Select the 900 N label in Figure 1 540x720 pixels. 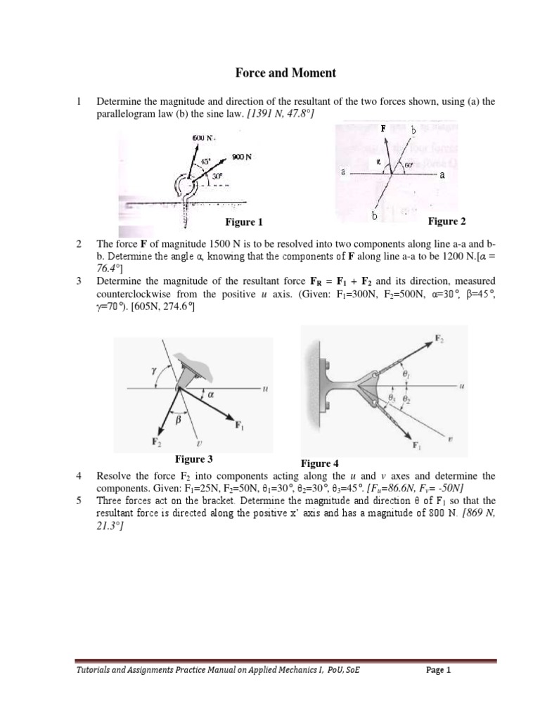pyautogui.click(x=241, y=156)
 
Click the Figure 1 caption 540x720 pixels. pyautogui.click(x=243, y=223)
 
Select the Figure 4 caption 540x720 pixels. pyautogui.click(x=319, y=463)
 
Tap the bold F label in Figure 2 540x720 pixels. pyautogui.click(x=382, y=129)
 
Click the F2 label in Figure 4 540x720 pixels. pyautogui.click(x=439, y=339)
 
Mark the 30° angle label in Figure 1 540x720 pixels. pyautogui.click(x=208, y=176)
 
